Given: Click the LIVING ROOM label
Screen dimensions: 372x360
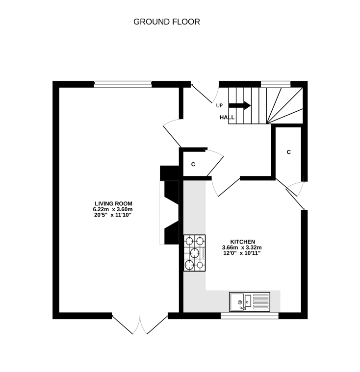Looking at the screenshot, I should [x=114, y=204].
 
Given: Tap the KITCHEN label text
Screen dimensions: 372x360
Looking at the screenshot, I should [x=243, y=242].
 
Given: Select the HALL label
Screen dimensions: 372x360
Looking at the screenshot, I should [x=227, y=118].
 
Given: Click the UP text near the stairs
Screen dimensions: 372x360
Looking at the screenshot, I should [x=219, y=105].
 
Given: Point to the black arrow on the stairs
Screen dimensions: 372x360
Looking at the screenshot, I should [x=240, y=105].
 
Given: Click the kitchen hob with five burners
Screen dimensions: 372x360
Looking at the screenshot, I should [x=195, y=253].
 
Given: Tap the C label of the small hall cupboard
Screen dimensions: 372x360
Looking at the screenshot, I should [x=193, y=165].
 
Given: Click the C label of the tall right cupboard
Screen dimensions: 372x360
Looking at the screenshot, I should [x=289, y=152].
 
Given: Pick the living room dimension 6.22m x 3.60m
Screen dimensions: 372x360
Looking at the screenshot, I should [x=114, y=210].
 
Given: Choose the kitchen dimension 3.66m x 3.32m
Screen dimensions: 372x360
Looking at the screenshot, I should [x=243, y=248].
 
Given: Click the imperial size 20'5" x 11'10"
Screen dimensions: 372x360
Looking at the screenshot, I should [x=114, y=216].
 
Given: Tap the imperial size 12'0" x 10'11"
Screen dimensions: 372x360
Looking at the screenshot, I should [x=243, y=253].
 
